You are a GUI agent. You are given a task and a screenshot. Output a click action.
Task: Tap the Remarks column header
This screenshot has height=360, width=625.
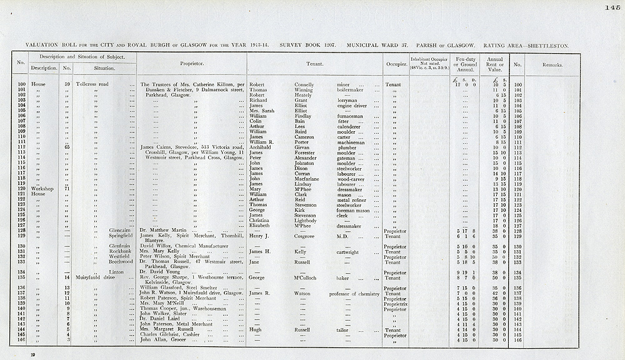pos(552,64)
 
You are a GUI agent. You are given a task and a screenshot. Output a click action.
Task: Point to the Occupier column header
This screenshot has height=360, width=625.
pos(393,64)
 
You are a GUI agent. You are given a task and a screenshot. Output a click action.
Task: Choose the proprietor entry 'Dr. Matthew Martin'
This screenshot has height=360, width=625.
pos(164,231)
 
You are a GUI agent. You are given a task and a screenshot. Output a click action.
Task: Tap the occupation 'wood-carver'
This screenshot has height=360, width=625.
pos(351,179)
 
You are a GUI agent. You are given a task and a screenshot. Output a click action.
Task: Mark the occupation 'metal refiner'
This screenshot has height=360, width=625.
pos(351,199)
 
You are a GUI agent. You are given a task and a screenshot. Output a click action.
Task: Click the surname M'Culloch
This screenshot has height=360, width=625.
pos(309,278)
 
